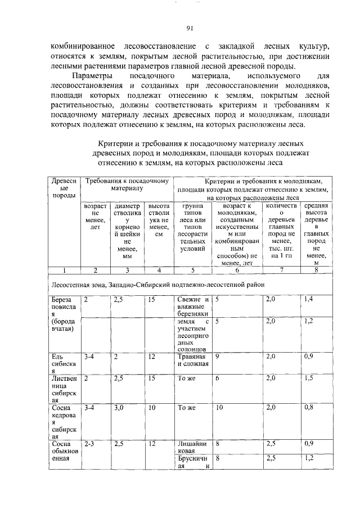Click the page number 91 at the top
tap(190, 29)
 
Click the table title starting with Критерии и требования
tap(201, 153)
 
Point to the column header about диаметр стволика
tap(127, 231)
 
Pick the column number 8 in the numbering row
tap(316, 270)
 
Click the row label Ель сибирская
tap(60, 364)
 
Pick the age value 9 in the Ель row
tap(217, 357)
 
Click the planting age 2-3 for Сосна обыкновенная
tap(89, 444)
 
